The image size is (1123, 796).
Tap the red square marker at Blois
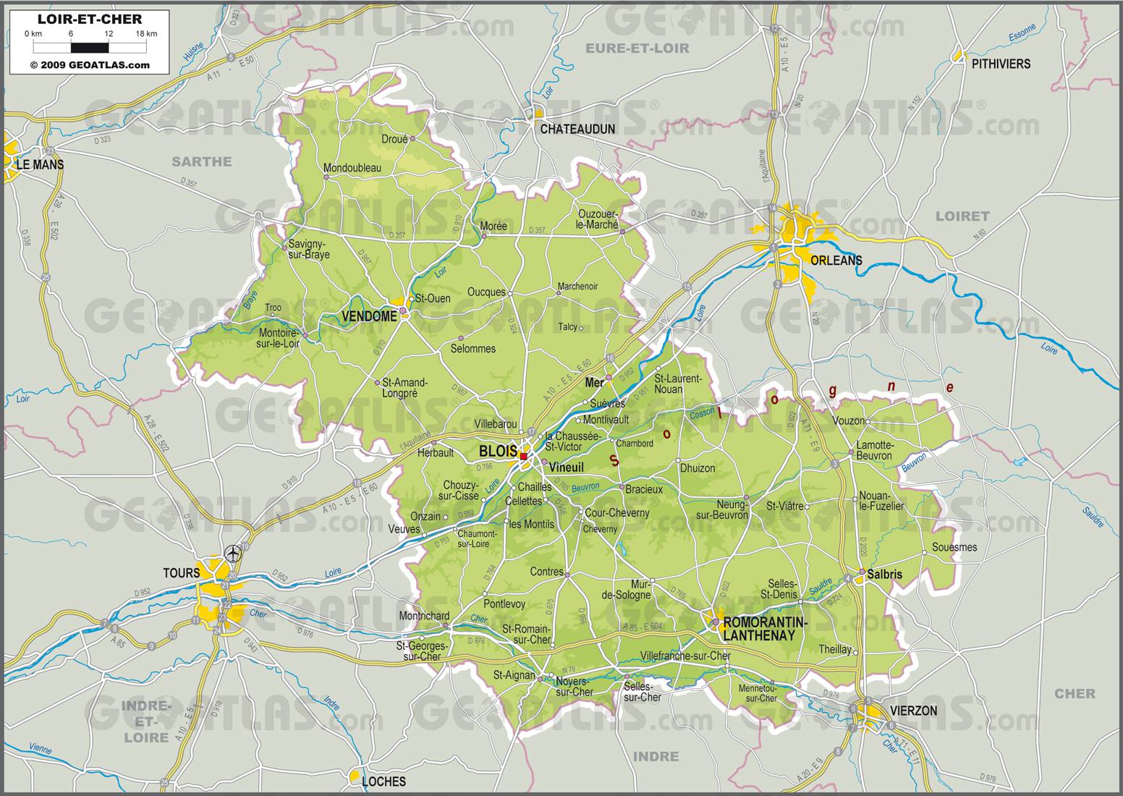click(x=523, y=456)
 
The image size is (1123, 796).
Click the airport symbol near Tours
click(x=233, y=554)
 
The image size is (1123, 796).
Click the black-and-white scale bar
click(x=90, y=48)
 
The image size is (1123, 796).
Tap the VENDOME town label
click(x=369, y=316)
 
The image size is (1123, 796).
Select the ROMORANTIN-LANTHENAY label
click(x=759, y=629)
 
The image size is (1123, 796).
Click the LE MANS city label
click(x=40, y=164)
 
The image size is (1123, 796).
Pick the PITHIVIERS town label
click(x=1001, y=64)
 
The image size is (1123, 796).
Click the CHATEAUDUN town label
click(x=577, y=129)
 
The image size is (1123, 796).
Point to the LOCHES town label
click(x=383, y=781)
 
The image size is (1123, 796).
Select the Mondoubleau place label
click(x=352, y=168)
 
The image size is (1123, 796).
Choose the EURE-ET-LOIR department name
click(x=637, y=48)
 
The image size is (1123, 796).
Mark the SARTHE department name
click(x=201, y=161)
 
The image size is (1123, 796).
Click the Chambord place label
click(x=635, y=443)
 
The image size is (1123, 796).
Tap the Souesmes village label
click(x=954, y=547)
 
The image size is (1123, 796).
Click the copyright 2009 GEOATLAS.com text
click(x=90, y=64)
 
